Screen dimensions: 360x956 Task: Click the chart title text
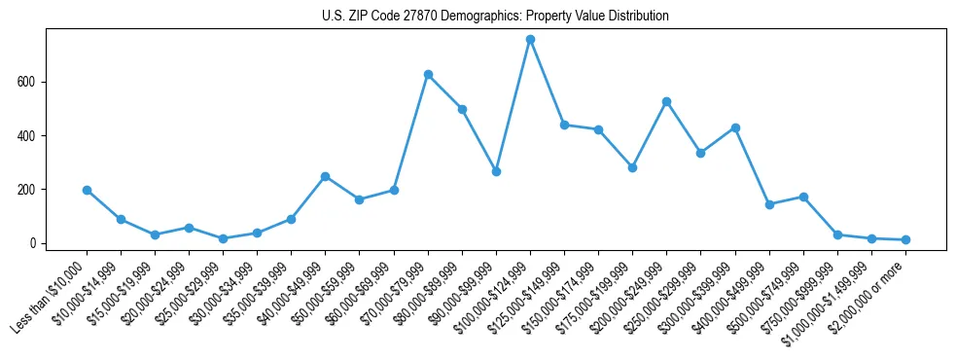[495, 17]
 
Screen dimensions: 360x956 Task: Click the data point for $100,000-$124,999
[530, 40]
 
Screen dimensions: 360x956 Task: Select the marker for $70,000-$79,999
[428, 75]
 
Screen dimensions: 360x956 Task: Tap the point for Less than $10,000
[87, 191]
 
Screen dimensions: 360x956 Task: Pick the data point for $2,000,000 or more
[905, 239]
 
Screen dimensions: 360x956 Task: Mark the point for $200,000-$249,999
[666, 101]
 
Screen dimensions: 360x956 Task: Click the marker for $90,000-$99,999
[496, 171]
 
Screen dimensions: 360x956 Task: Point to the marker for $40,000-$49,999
[325, 176]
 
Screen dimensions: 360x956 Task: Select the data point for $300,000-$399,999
[735, 127]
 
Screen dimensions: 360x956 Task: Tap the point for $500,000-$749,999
[803, 197]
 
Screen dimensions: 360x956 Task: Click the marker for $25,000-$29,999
[223, 238]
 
